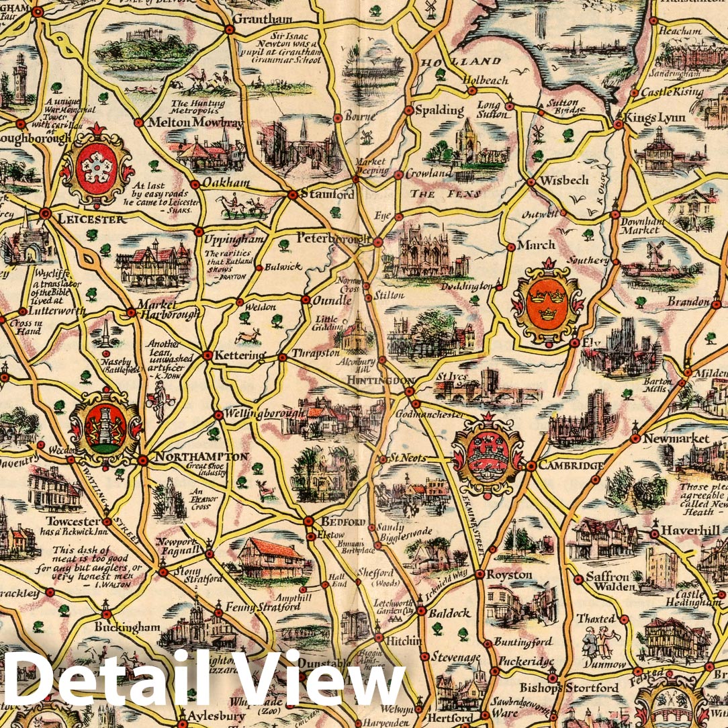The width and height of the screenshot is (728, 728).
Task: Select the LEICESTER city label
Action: (x=91, y=219)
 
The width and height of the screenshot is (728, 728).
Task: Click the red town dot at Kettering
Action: (x=208, y=355)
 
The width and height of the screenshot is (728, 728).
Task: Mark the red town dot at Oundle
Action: (x=306, y=300)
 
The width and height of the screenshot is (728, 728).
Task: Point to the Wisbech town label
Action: (x=564, y=181)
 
